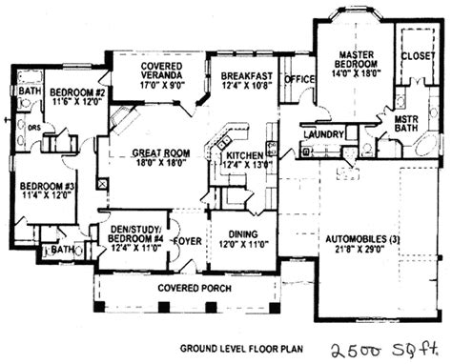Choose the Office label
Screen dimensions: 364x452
(x=299, y=79)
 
